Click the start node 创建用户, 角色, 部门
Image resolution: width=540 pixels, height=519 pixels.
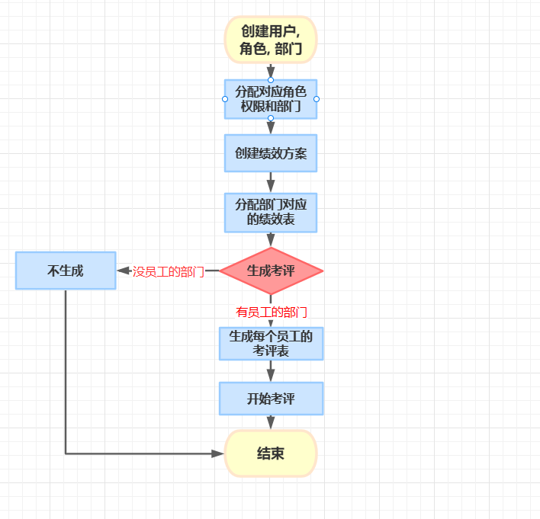point(271,39)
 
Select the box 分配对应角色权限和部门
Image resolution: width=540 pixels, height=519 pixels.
point(271,99)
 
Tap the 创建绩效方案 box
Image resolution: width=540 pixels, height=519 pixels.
point(271,153)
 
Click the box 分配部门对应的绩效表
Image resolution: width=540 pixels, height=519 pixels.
point(271,213)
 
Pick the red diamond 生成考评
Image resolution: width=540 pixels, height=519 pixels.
point(271,271)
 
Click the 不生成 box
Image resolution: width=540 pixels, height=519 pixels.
point(66,271)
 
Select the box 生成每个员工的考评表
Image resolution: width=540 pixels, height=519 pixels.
point(271,343)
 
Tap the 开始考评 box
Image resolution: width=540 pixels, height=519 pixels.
point(271,399)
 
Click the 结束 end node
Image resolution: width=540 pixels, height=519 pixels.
point(271,453)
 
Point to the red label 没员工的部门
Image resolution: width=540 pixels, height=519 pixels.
point(169,271)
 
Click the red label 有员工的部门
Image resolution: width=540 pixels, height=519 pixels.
point(272,312)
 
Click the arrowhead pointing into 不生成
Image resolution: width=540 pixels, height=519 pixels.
point(122,271)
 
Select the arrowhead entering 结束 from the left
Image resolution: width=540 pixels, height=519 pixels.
point(219,453)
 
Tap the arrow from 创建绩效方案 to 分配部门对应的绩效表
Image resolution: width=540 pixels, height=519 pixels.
point(271,183)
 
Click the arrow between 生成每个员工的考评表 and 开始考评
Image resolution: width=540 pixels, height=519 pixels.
point(271,371)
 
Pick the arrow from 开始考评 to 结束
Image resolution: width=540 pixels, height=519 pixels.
point(271,423)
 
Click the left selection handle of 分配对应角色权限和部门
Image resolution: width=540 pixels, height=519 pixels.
point(225,99)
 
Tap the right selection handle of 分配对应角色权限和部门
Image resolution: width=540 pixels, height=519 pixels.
point(317,99)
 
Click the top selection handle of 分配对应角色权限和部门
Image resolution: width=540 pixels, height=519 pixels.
point(271,80)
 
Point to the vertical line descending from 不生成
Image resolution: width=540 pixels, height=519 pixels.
point(66,366)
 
